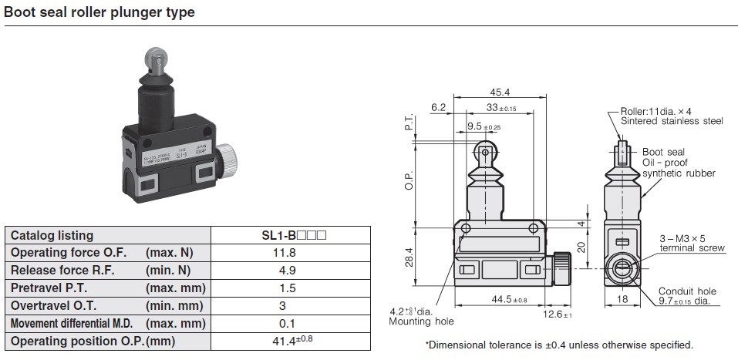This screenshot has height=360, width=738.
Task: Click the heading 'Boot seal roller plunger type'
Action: (99, 12)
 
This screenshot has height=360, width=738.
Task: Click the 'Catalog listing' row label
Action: (52, 235)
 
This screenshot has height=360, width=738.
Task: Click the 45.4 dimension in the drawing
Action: (500, 92)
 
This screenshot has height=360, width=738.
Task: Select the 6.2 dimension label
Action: (439, 108)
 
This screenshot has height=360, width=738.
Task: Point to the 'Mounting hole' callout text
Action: (421, 321)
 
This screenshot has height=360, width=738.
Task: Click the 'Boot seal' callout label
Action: (663, 152)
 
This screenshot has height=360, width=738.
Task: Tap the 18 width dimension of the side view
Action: (624, 298)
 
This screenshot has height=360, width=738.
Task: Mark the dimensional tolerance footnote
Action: (559, 345)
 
